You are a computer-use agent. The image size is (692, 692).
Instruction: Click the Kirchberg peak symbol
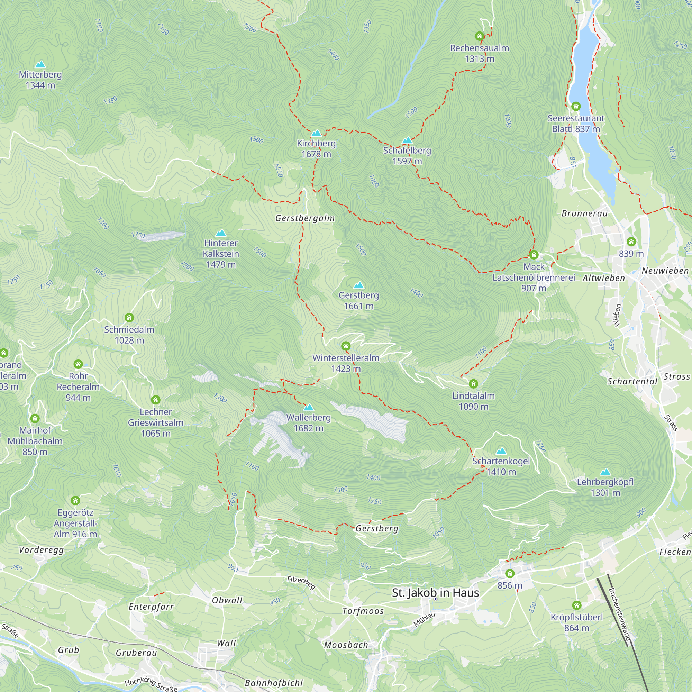(316, 134)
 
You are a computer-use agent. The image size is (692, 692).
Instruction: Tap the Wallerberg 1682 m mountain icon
(308, 408)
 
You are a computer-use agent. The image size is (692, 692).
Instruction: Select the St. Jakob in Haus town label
(435, 593)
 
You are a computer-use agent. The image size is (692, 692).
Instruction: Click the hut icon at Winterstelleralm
(346, 346)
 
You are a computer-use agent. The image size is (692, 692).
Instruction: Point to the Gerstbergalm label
(305, 218)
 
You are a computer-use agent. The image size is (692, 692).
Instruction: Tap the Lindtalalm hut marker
(473, 384)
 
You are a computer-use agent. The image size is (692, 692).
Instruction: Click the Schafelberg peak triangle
(407, 140)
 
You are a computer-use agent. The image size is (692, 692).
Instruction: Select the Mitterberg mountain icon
(40, 65)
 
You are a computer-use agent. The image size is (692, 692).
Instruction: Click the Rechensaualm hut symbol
(479, 36)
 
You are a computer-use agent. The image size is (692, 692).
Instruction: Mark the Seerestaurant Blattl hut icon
(576, 106)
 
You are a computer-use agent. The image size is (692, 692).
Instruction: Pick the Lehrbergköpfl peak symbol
(605, 472)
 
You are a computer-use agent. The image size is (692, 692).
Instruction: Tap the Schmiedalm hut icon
(129, 318)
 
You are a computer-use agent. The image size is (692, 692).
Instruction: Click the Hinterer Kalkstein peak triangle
(221, 233)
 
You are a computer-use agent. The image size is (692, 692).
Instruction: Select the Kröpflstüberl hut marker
(576, 605)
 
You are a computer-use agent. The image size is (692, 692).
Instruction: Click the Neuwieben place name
(665, 271)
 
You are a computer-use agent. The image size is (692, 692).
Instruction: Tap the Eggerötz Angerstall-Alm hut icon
(75, 500)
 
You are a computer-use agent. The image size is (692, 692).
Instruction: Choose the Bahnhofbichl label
(274, 683)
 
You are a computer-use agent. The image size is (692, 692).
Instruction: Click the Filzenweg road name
(301, 583)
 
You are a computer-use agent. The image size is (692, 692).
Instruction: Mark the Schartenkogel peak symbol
(501, 451)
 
